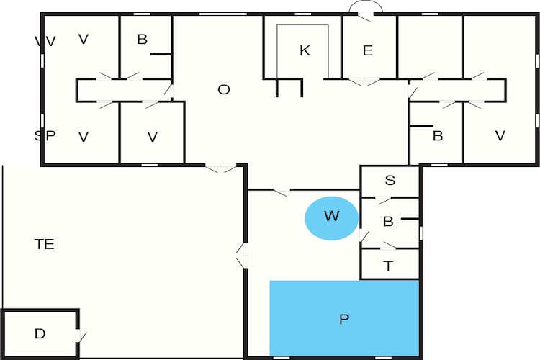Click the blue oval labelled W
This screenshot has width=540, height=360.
331,218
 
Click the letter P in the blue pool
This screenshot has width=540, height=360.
344,320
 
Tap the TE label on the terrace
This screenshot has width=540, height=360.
45,244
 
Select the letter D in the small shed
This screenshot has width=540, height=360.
40,333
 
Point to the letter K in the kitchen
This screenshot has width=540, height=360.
305,50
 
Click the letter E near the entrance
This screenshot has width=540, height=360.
368,50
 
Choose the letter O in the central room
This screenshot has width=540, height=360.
224,90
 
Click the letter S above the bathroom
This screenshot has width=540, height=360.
390,180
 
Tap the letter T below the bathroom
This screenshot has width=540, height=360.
388,266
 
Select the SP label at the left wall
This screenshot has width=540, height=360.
45,136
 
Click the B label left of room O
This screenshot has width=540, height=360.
143,40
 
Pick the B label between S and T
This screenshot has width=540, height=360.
388,222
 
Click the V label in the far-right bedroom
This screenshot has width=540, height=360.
500,136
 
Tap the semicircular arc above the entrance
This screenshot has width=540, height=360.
366,2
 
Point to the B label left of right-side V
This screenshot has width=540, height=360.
437,136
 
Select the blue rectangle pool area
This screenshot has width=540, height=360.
344,318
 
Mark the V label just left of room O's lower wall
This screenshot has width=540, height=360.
153,137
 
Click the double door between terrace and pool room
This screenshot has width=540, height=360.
242,256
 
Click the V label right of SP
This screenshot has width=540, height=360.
84,137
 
